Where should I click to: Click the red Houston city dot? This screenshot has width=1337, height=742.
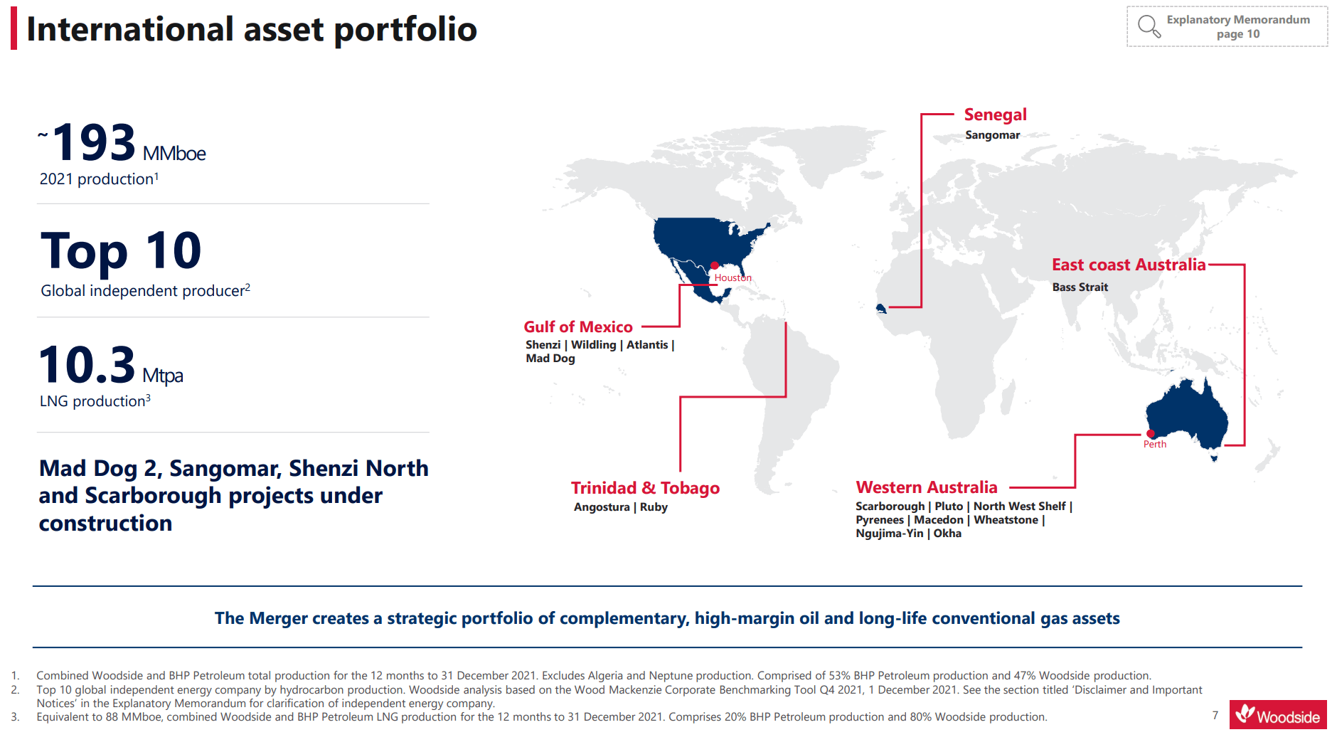click(714, 266)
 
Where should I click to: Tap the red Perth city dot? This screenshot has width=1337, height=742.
click(1150, 434)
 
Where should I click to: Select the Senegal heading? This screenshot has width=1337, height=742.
click(995, 115)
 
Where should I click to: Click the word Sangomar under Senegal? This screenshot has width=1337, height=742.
click(992, 135)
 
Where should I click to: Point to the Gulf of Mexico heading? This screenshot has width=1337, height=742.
click(577, 327)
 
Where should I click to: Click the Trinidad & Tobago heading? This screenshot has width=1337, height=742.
click(645, 488)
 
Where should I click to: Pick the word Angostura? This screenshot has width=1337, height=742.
click(602, 507)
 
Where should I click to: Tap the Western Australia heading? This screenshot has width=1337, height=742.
click(926, 487)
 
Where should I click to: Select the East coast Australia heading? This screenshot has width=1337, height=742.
click(1128, 265)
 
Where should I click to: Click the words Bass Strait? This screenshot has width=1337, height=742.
click(1080, 287)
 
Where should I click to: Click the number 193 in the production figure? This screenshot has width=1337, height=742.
click(94, 142)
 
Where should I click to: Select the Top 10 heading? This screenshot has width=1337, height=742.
click(121, 251)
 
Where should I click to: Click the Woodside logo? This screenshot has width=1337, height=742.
click(1278, 714)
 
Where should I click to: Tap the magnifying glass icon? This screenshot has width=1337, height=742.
click(1149, 27)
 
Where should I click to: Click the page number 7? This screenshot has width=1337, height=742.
click(1215, 715)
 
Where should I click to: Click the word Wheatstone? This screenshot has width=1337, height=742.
click(1006, 520)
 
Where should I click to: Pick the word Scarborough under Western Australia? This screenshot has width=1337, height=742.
click(890, 507)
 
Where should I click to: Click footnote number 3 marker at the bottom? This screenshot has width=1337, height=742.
click(15, 717)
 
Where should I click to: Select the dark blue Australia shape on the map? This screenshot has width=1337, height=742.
click(1188, 416)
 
